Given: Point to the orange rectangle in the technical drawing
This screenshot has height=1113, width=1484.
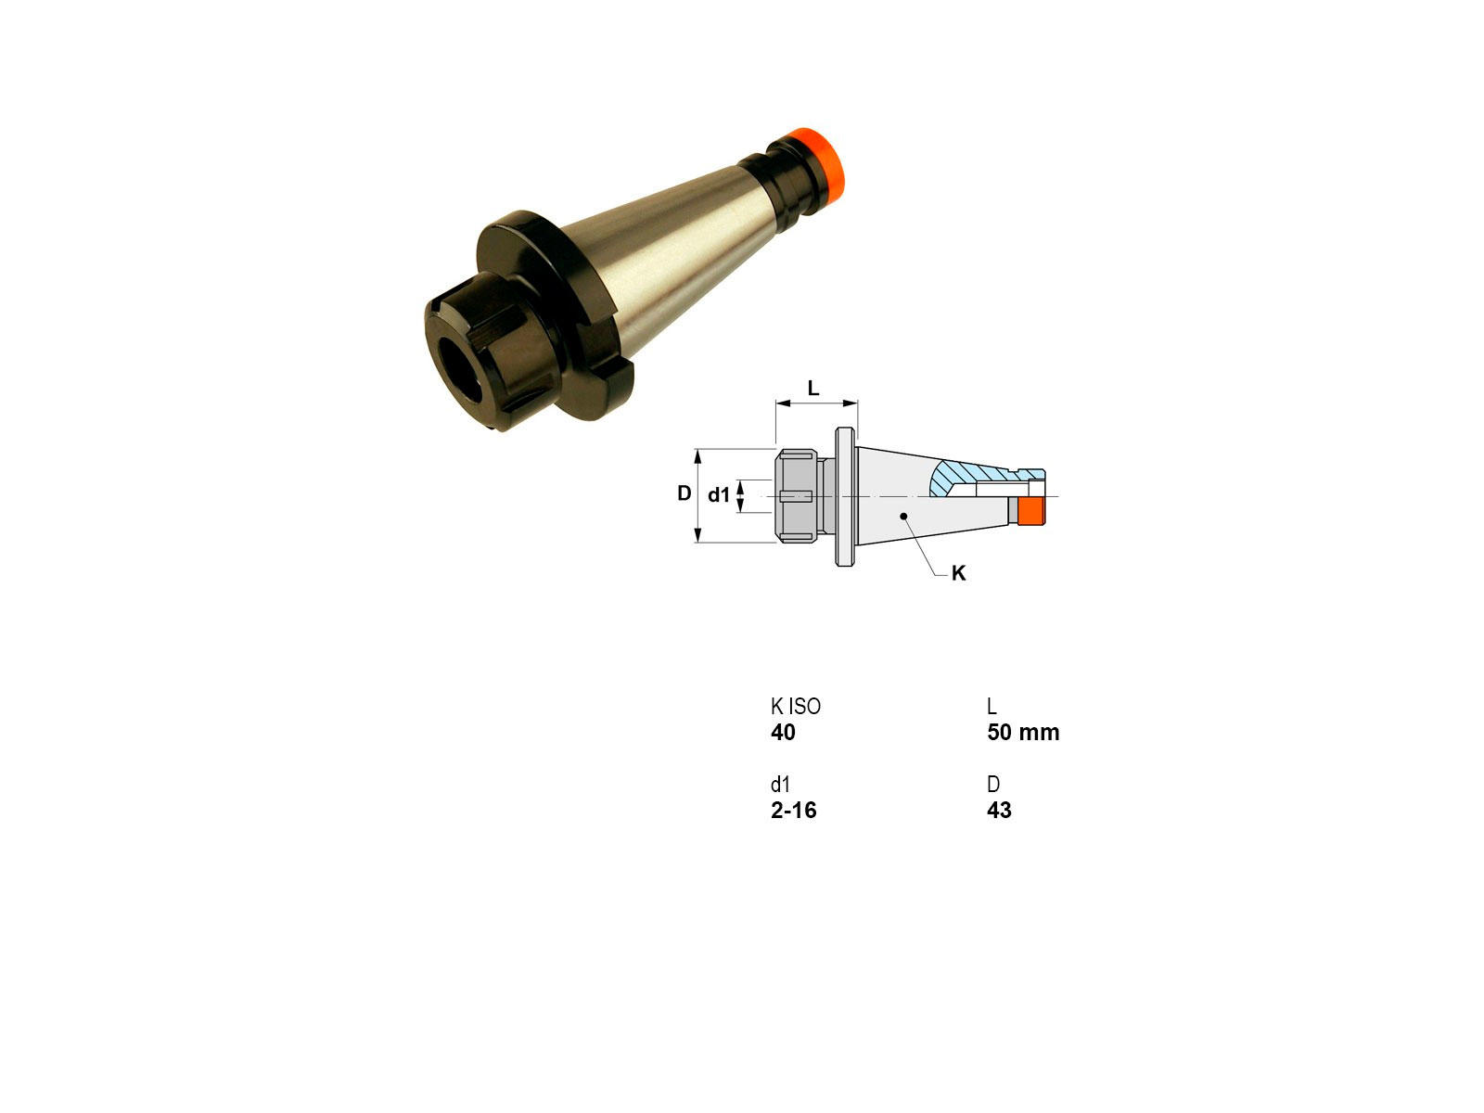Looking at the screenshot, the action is (x=1031, y=511).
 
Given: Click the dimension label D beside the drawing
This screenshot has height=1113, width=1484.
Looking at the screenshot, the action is (x=684, y=493).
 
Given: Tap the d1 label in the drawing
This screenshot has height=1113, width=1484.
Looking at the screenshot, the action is (x=719, y=495).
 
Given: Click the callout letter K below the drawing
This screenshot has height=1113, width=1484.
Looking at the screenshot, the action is (x=958, y=573).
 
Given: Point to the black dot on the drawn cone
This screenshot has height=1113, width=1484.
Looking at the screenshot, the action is (x=903, y=517).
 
